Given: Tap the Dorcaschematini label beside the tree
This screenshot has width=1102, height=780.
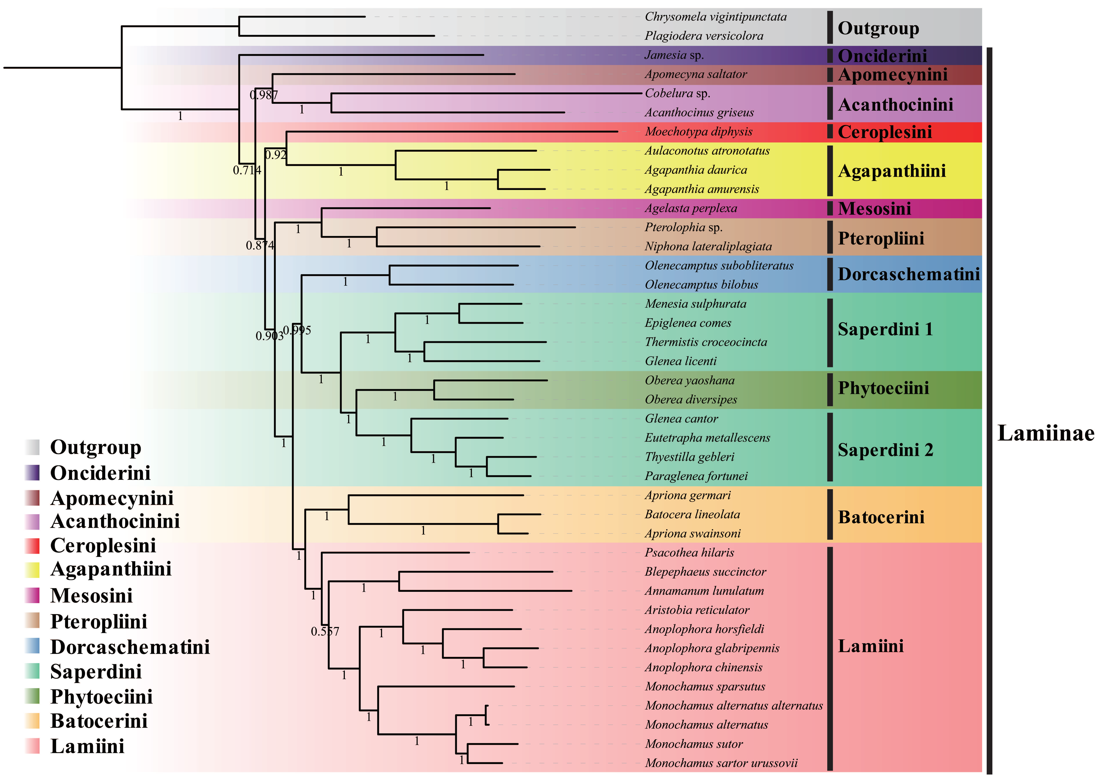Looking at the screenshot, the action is [x=909, y=274].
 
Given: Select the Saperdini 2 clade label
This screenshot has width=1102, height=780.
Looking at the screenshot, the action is [x=885, y=450].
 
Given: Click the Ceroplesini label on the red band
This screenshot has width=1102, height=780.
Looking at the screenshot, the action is [x=885, y=132].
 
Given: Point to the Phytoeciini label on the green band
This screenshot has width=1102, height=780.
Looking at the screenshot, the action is [x=883, y=388].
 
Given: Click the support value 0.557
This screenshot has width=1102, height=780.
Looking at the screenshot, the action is [x=325, y=632].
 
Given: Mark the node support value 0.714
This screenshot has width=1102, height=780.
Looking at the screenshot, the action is [x=247, y=170].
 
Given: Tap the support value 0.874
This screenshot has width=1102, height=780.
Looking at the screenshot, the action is [x=260, y=245].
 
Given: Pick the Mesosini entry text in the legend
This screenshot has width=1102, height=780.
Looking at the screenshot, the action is [x=91, y=595].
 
